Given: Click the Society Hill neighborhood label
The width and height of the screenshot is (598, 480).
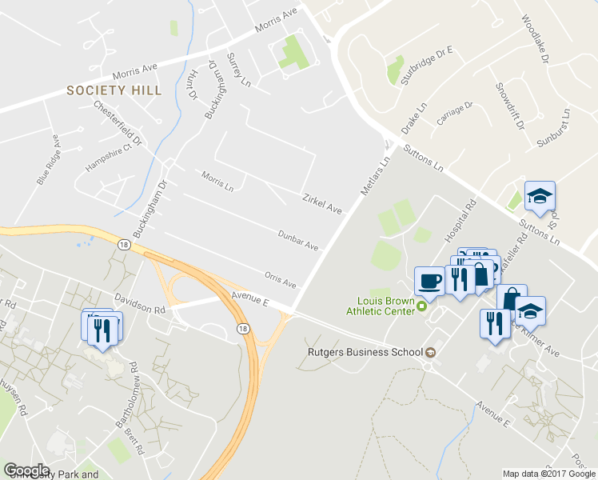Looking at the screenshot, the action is point(114,90).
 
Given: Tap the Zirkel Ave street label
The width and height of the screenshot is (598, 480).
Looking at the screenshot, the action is point(321,204).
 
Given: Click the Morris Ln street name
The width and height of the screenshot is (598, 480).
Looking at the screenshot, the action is point(217,182).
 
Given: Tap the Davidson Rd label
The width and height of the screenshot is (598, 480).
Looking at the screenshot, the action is point(139,302).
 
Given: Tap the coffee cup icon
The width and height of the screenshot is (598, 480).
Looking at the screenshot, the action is point(429,281).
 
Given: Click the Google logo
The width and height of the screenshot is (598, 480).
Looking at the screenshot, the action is point(26,470).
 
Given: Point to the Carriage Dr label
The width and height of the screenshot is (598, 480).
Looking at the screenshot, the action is point(455,114).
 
